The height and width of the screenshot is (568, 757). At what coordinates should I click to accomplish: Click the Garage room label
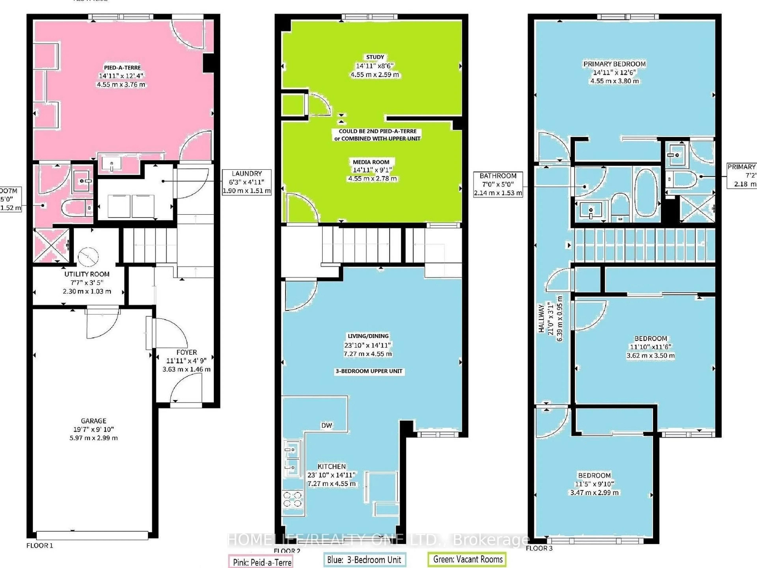point(93,421)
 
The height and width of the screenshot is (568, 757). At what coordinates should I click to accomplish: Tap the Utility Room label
point(87,274)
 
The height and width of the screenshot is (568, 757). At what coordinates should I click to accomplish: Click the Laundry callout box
point(246,182)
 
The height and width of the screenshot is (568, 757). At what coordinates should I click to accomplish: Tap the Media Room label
point(371,162)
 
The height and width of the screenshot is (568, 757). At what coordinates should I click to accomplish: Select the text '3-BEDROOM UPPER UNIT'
point(369,371)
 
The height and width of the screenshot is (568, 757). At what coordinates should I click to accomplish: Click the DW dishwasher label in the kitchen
point(326,425)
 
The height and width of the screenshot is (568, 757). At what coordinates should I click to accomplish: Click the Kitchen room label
point(331,466)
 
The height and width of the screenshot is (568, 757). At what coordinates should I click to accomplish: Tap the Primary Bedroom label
point(614,64)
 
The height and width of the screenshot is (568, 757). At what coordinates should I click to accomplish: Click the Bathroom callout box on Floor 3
point(498,184)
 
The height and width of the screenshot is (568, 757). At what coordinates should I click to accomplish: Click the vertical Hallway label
point(542,318)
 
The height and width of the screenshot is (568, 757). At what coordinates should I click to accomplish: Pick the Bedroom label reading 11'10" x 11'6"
point(651,338)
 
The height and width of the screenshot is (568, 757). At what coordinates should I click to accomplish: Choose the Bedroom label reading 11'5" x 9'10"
point(594,475)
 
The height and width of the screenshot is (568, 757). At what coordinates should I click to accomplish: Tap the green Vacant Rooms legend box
point(467,559)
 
